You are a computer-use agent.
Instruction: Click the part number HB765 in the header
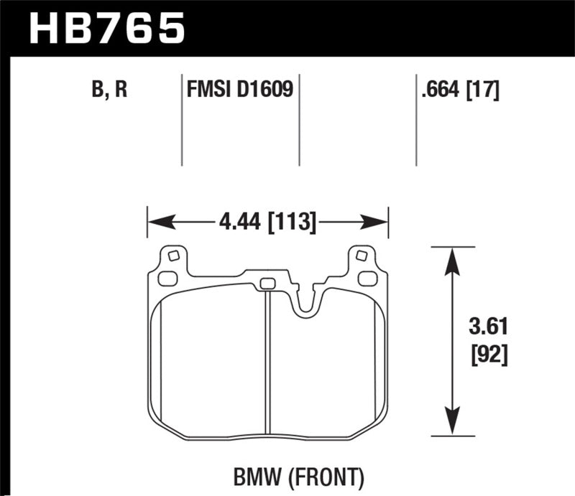click(x=106, y=29)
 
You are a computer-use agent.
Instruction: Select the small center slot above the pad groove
click(x=267, y=282)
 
